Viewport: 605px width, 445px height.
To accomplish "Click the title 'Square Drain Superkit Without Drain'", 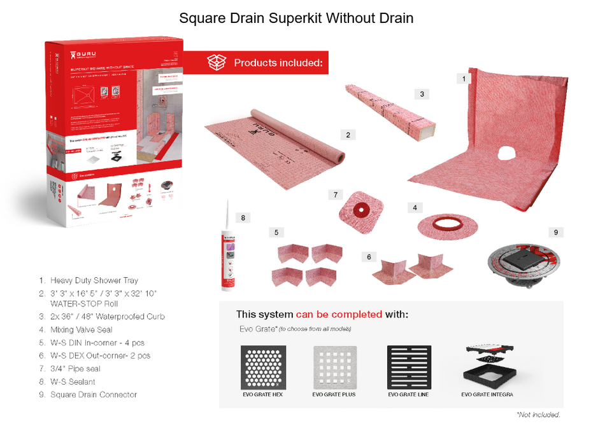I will point(296,18).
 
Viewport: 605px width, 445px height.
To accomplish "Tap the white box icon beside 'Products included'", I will point(217,62).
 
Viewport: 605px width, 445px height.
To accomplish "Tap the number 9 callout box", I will point(555,233).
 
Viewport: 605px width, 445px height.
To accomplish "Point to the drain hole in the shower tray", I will point(508,153).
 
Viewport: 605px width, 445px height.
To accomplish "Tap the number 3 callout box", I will point(422,94).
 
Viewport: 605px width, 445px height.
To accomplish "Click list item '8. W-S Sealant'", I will point(73,381).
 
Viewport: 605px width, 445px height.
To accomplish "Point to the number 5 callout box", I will point(276,233).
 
